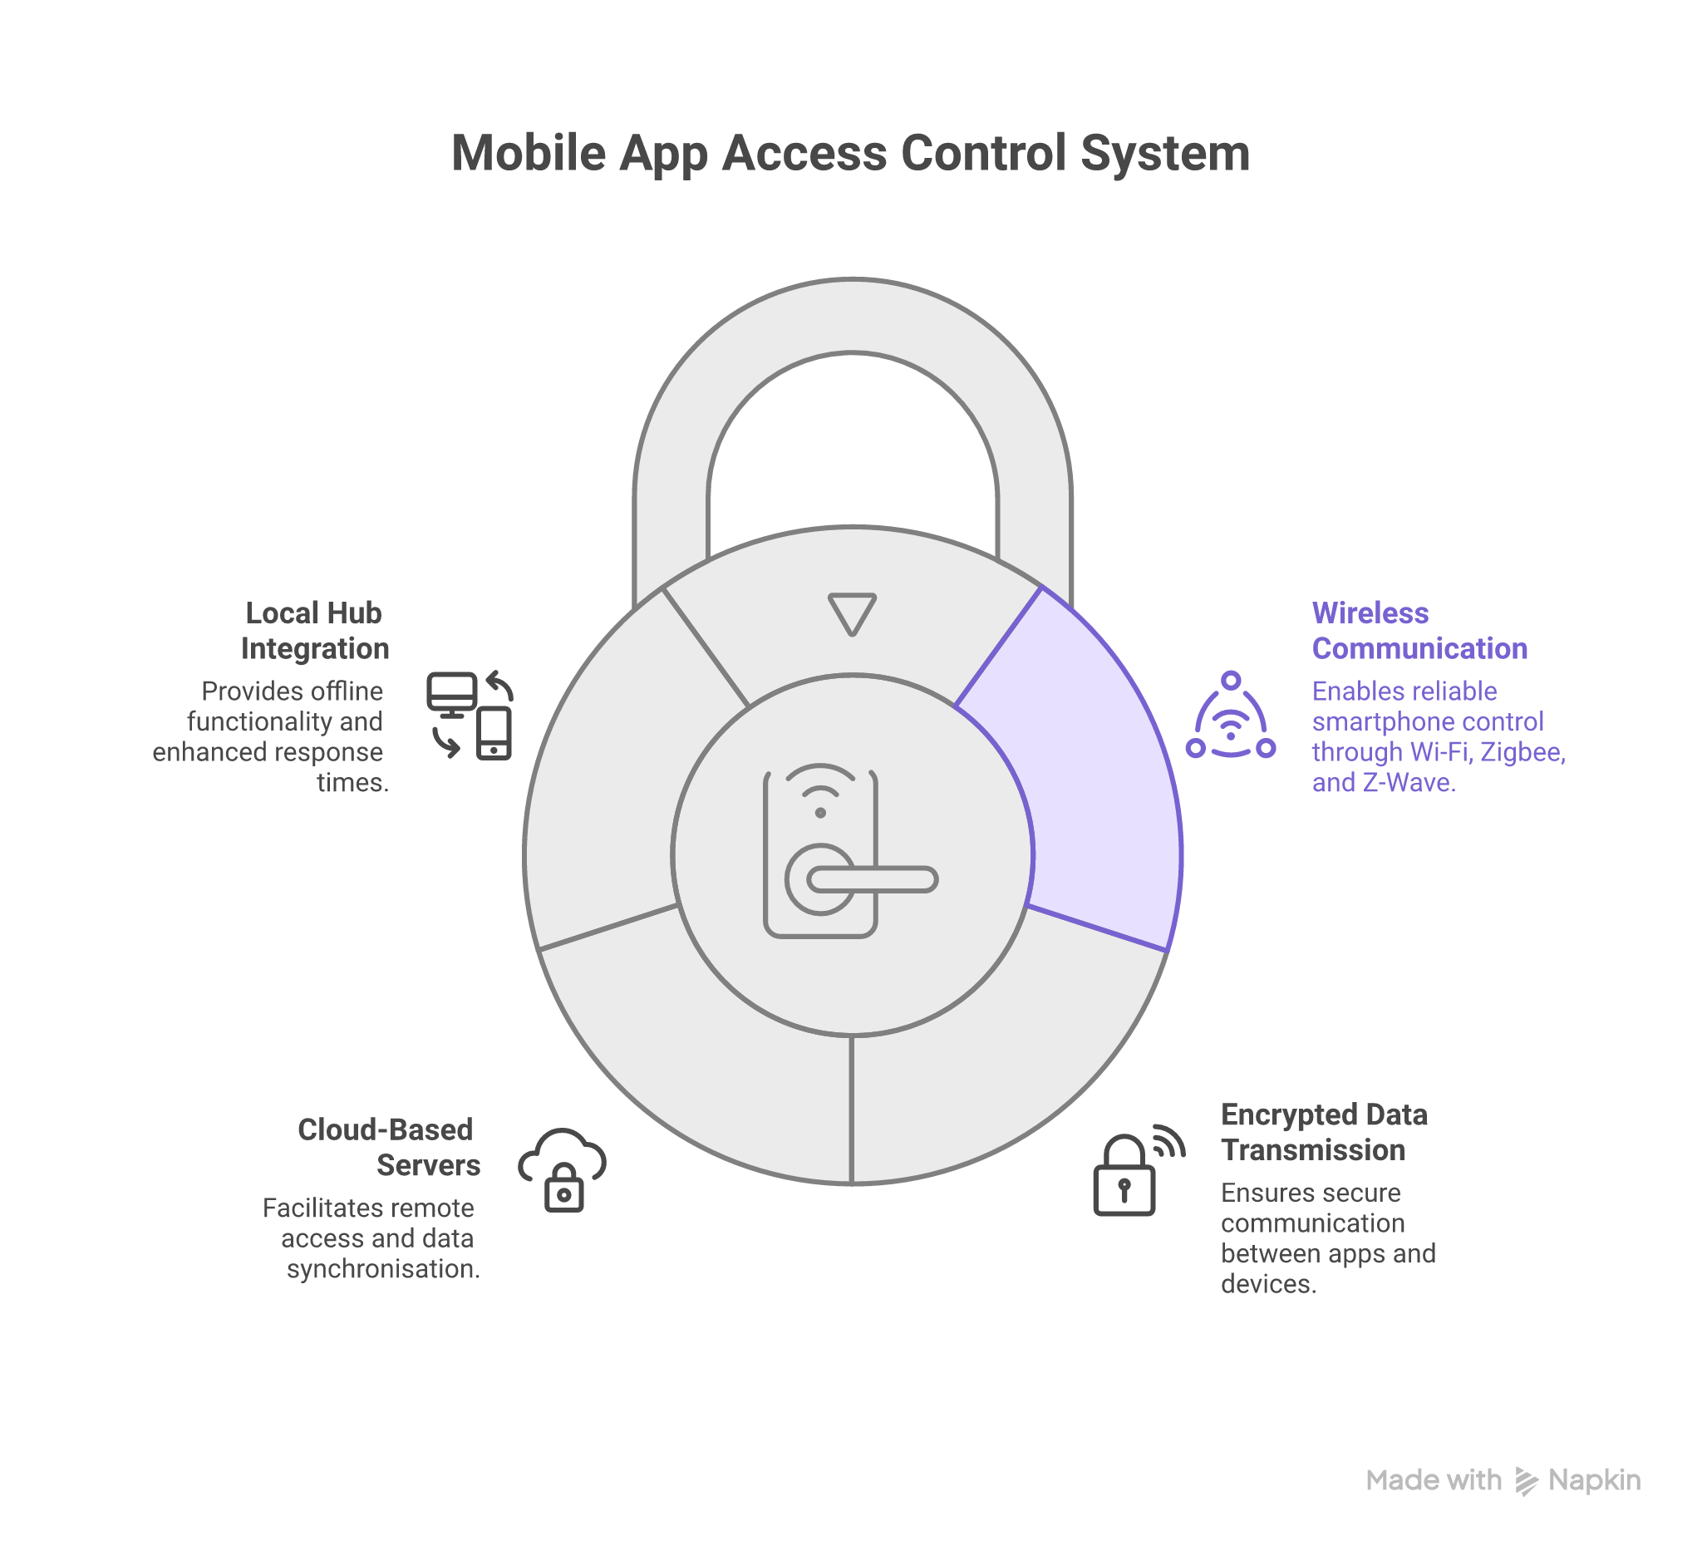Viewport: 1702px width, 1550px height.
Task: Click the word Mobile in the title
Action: (x=529, y=155)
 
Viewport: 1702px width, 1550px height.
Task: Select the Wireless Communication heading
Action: (x=1419, y=631)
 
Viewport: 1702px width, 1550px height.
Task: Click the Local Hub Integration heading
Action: (x=314, y=631)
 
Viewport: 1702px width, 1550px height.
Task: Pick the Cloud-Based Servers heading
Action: (x=388, y=1147)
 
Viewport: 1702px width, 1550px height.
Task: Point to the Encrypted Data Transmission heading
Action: (x=1323, y=1132)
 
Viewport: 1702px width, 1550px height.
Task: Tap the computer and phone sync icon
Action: (x=470, y=716)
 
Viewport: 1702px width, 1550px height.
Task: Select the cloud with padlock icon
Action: (x=563, y=1169)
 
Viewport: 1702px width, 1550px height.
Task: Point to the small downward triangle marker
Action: (x=852, y=613)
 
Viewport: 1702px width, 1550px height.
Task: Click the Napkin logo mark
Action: (x=1526, y=1481)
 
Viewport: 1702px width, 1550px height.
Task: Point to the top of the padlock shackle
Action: (x=852, y=315)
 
